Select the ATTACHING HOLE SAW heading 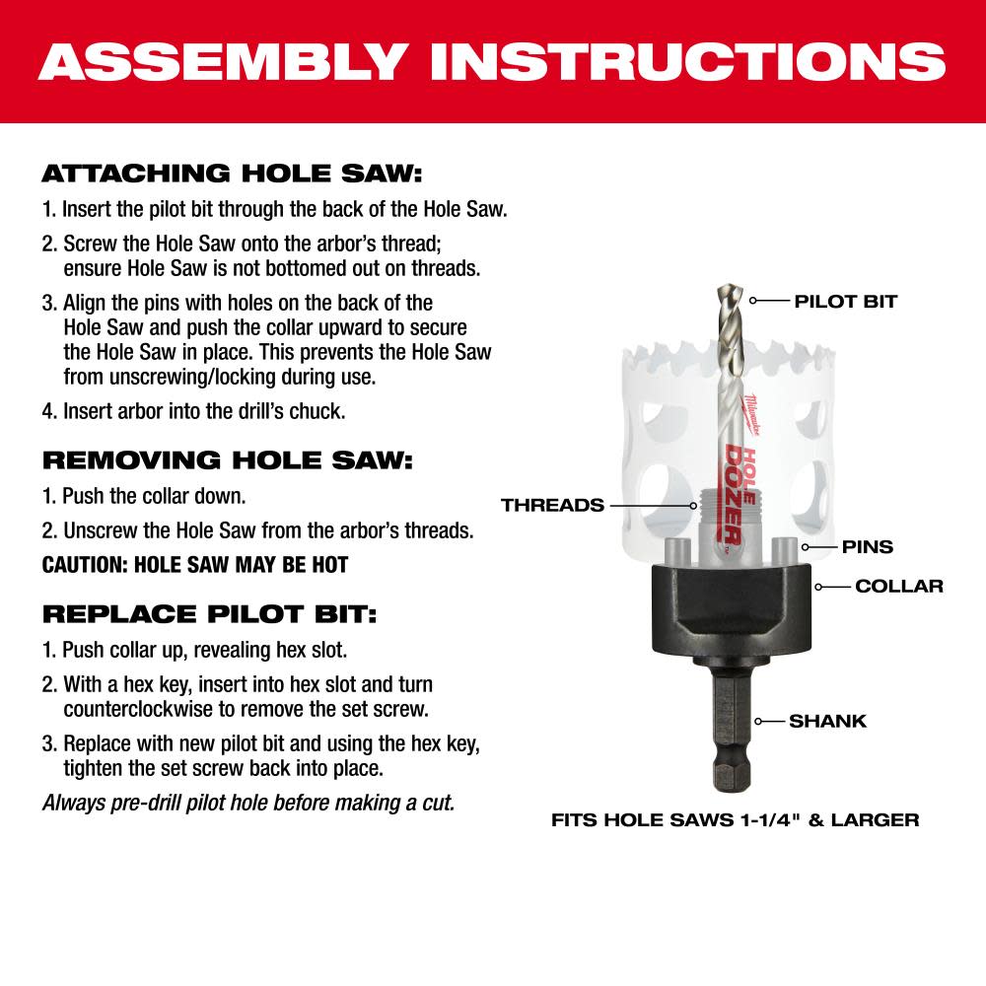pos(231,175)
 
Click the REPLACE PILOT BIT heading pos(209,614)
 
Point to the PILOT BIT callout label pos(845,302)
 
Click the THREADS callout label pos(552,505)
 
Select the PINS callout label pos(867,546)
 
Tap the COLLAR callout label pos(898,586)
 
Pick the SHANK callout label pos(827,721)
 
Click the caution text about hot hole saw pos(195,565)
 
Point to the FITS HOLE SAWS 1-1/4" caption pos(735,819)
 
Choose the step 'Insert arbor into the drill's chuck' pos(193,410)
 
